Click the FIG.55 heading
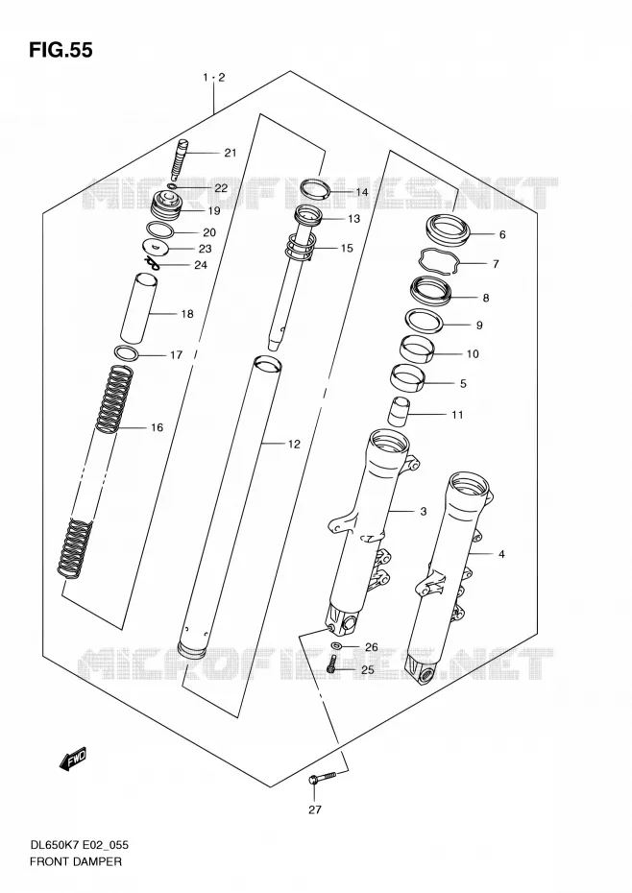coord(61,50)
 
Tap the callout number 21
coord(231,152)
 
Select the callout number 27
coord(315,809)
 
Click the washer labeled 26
coord(337,645)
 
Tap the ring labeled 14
coord(316,187)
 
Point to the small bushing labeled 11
coord(399,412)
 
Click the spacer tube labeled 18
coord(138,308)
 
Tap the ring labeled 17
coord(127,353)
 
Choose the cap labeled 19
coord(166,206)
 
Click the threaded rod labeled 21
coord(178,160)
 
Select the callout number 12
coord(294,445)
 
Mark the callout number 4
coord(501,554)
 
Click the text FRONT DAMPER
coord(76,861)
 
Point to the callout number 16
coord(158,427)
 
